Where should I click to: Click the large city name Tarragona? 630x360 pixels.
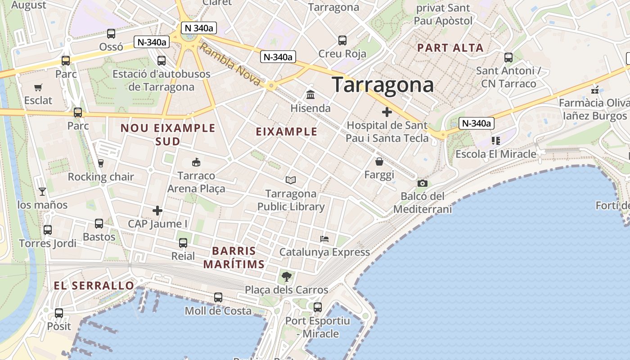tap(383, 85)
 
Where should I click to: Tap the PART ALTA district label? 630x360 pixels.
tap(450, 48)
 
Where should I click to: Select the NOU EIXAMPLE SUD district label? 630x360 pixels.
tap(168, 135)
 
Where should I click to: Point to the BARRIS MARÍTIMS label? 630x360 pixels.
tap(234, 257)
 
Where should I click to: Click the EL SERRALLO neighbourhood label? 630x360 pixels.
tap(94, 285)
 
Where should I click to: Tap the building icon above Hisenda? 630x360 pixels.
tap(310, 94)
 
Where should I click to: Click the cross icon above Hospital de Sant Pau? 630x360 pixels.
tap(387, 112)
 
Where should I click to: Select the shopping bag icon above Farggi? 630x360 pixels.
tap(379, 161)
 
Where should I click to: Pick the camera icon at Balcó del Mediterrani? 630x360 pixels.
tap(422, 183)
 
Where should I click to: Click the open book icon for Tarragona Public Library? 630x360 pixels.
tap(291, 180)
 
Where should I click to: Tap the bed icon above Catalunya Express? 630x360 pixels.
tap(324, 238)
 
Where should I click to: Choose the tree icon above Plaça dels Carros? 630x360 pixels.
tap(286, 276)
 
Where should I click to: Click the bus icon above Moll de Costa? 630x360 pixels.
tap(218, 297)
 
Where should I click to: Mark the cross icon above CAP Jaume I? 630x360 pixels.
tap(157, 210)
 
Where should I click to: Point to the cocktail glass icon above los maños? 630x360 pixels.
tap(42, 192)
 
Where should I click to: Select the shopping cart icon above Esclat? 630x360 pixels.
tap(38, 87)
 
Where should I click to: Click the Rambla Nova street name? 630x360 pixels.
tap(229, 65)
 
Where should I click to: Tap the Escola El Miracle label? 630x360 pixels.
tap(496, 154)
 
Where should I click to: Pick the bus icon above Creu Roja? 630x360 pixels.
tap(342, 40)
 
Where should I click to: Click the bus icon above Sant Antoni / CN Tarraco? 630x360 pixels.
tap(508, 57)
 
